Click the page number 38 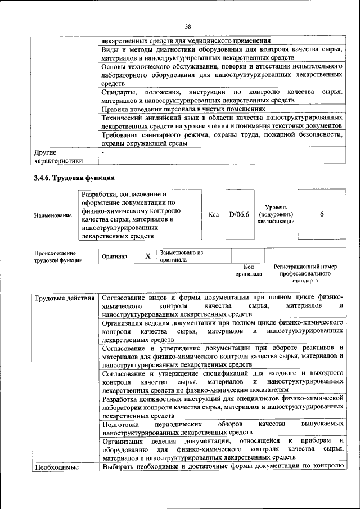(x=188, y=25)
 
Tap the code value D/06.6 (x=240, y=214)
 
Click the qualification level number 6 (x=322, y=214)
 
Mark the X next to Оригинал (x=148, y=256)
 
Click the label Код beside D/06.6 (x=214, y=214)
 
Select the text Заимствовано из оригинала (x=181, y=256)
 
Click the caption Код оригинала (x=249, y=270)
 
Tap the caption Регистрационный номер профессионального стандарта (x=305, y=273)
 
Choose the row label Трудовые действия (x=64, y=297)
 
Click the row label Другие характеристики (x=58, y=156)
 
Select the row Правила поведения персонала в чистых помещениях (x=183, y=109)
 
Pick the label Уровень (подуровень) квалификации (x=276, y=214)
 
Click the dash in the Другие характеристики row (x=103, y=152)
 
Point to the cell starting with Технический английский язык (x=222, y=122)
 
